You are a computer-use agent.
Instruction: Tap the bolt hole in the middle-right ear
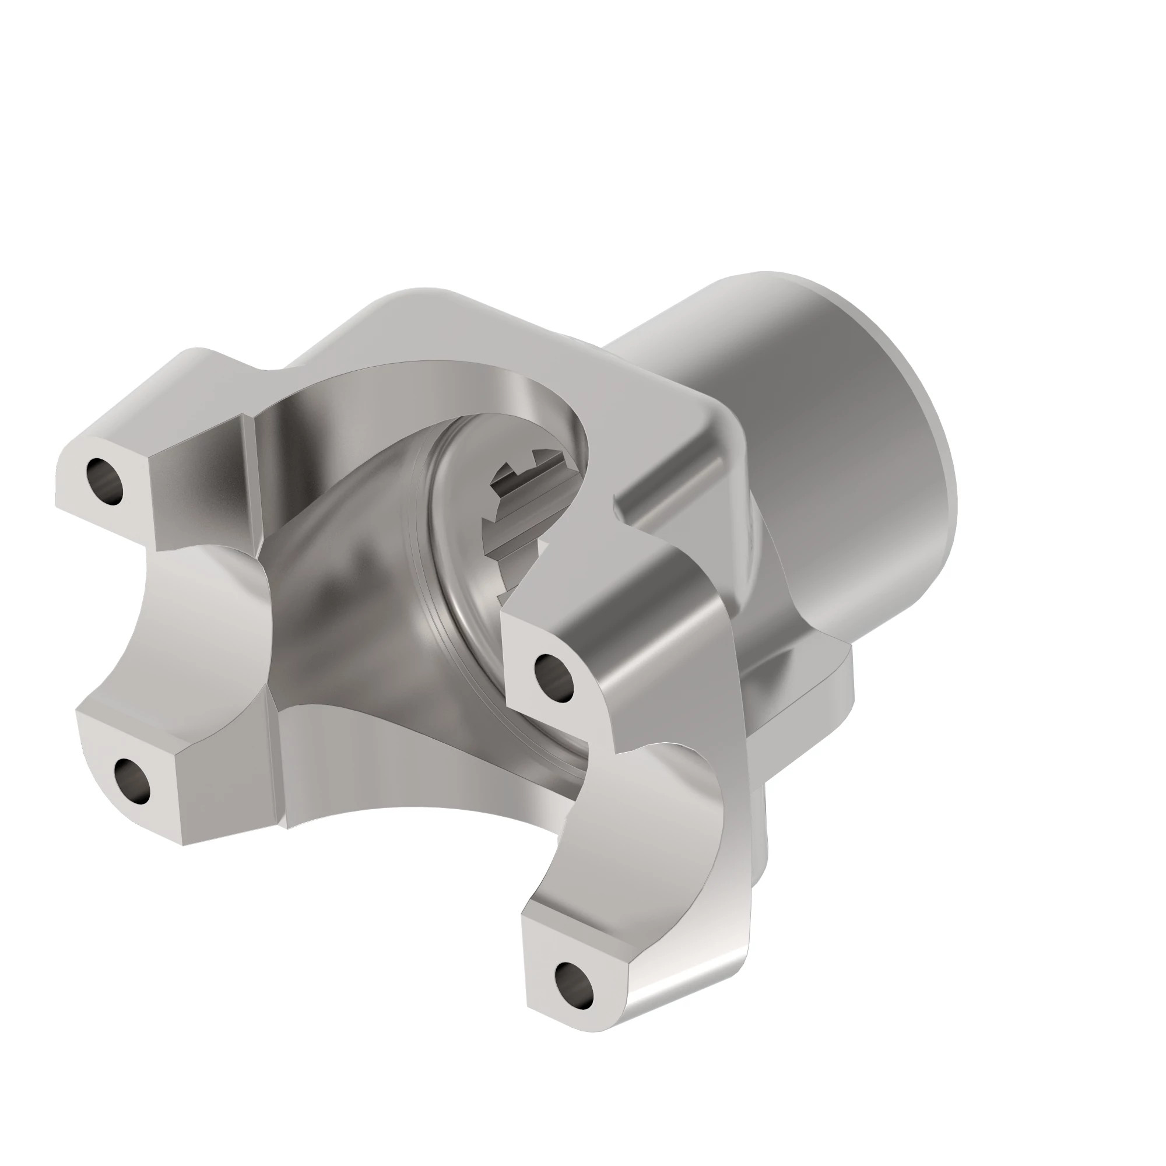click(554, 675)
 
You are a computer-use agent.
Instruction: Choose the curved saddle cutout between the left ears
click(199, 621)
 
